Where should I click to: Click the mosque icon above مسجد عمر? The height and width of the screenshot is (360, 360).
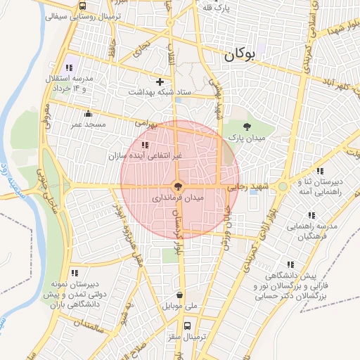tap(88, 114)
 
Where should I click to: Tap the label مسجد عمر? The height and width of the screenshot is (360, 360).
tap(88, 124)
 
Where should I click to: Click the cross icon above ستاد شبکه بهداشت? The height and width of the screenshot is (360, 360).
tap(160, 82)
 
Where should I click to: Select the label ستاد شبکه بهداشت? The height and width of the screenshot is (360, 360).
tap(160, 92)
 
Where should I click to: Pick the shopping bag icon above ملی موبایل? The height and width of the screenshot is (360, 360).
tap(182, 295)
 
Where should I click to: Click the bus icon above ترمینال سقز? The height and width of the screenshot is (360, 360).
tap(187, 326)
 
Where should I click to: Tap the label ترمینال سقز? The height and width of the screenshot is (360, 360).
tap(187, 337)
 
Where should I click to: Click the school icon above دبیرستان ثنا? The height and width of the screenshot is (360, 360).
tap(320, 171)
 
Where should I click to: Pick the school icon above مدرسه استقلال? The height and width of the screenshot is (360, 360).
tap(69, 67)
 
